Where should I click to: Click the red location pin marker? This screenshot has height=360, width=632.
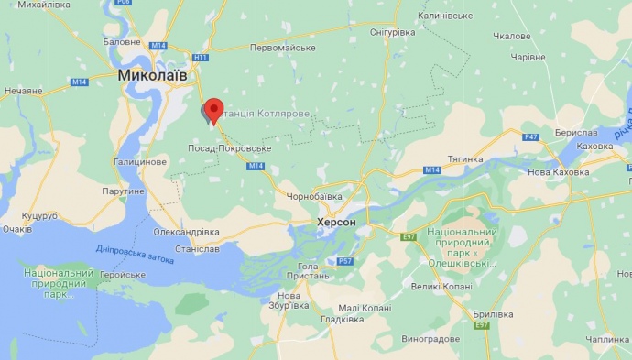[x=213, y=109]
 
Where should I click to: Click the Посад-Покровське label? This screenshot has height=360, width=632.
[x=228, y=147]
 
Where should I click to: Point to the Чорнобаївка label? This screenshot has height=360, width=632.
[x=313, y=196]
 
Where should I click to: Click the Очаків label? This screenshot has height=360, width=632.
[x=17, y=229]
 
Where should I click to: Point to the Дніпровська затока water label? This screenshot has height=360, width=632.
[x=135, y=254]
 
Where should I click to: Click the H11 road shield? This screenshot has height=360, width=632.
[x=202, y=57]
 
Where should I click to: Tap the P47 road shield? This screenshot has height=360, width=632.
[x=531, y=137]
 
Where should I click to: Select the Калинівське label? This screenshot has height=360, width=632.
[x=444, y=16]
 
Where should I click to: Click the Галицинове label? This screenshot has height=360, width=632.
[x=140, y=161]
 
